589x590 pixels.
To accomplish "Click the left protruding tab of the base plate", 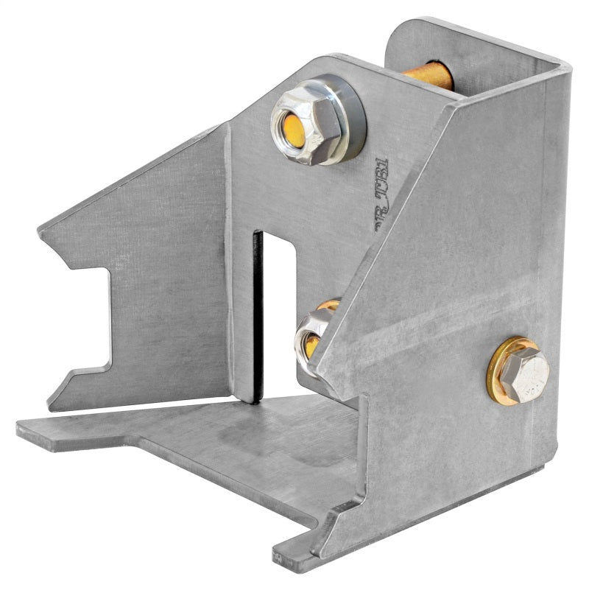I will click(x=44, y=432).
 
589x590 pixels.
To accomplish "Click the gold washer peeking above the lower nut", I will click(x=328, y=304).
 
